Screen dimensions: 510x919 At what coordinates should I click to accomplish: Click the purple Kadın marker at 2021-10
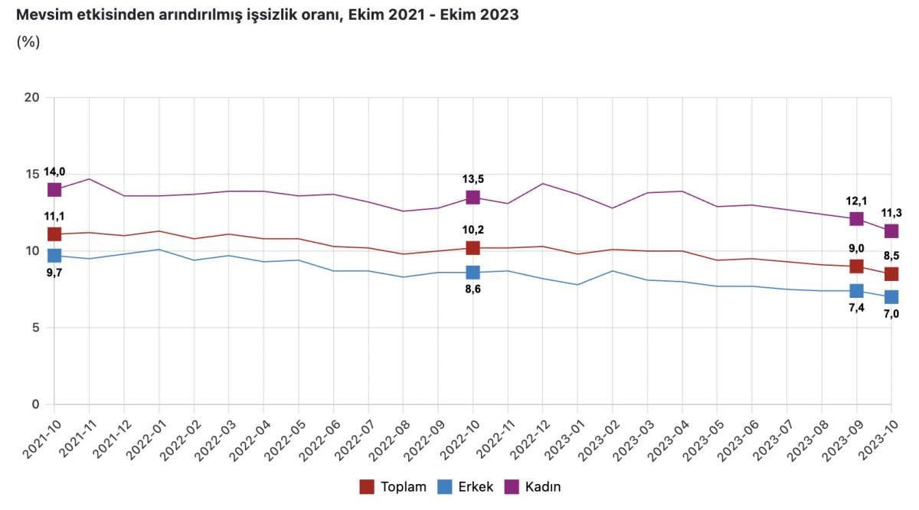click(x=54, y=190)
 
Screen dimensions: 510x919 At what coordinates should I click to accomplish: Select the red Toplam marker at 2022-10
click(x=473, y=248)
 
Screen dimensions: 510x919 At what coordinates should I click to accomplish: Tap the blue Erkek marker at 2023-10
click(x=891, y=297)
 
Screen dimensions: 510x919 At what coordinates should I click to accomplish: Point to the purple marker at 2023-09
click(x=856, y=219)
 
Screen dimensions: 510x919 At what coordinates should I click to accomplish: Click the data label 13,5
click(x=473, y=179)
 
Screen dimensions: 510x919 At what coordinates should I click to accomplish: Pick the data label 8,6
click(x=473, y=289)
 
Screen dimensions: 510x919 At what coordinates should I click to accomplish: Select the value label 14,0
click(x=54, y=172)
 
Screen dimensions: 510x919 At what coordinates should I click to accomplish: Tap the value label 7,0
click(x=891, y=314)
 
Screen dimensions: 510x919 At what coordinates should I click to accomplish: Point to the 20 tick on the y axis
click(x=32, y=98)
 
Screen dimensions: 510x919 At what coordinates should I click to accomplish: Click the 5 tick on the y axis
click(x=36, y=328)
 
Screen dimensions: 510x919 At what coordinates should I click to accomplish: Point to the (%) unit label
click(x=28, y=42)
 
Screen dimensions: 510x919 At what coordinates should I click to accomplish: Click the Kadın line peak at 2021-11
click(x=90, y=179)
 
